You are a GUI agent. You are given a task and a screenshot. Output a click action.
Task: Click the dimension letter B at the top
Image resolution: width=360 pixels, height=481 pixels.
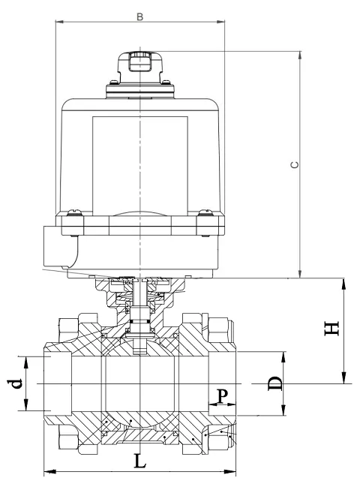tap(140, 14)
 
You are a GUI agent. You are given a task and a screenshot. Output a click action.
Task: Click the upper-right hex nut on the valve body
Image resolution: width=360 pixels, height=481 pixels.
tap(220, 328)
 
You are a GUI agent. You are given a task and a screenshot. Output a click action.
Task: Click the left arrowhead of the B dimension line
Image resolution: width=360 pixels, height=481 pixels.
tap(59, 21)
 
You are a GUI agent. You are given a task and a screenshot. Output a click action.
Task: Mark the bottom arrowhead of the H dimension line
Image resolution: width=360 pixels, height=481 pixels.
tap(343, 380)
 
